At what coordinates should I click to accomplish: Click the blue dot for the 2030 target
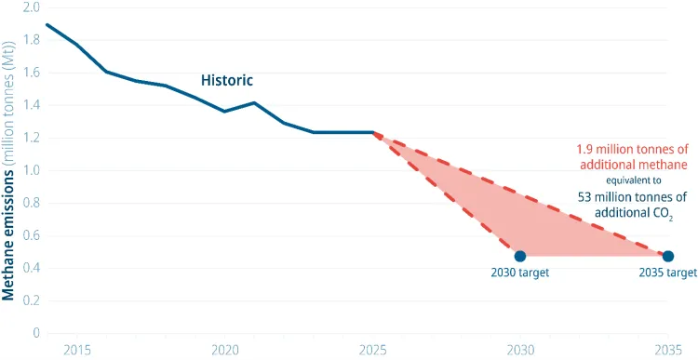click(x=520, y=256)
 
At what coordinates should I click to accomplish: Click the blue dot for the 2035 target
click(x=667, y=256)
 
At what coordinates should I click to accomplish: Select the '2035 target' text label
click(x=667, y=273)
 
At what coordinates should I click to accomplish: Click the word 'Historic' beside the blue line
click(x=227, y=81)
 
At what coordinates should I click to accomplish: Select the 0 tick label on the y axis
click(x=35, y=332)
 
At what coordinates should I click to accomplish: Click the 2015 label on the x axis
click(x=77, y=350)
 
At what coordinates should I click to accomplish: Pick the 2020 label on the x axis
click(x=224, y=350)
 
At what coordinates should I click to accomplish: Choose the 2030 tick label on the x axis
click(x=520, y=350)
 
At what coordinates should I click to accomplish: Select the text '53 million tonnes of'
click(x=627, y=197)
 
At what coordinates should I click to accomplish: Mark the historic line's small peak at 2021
click(x=254, y=102)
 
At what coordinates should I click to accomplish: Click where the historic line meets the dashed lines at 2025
click(x=372, y=132)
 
